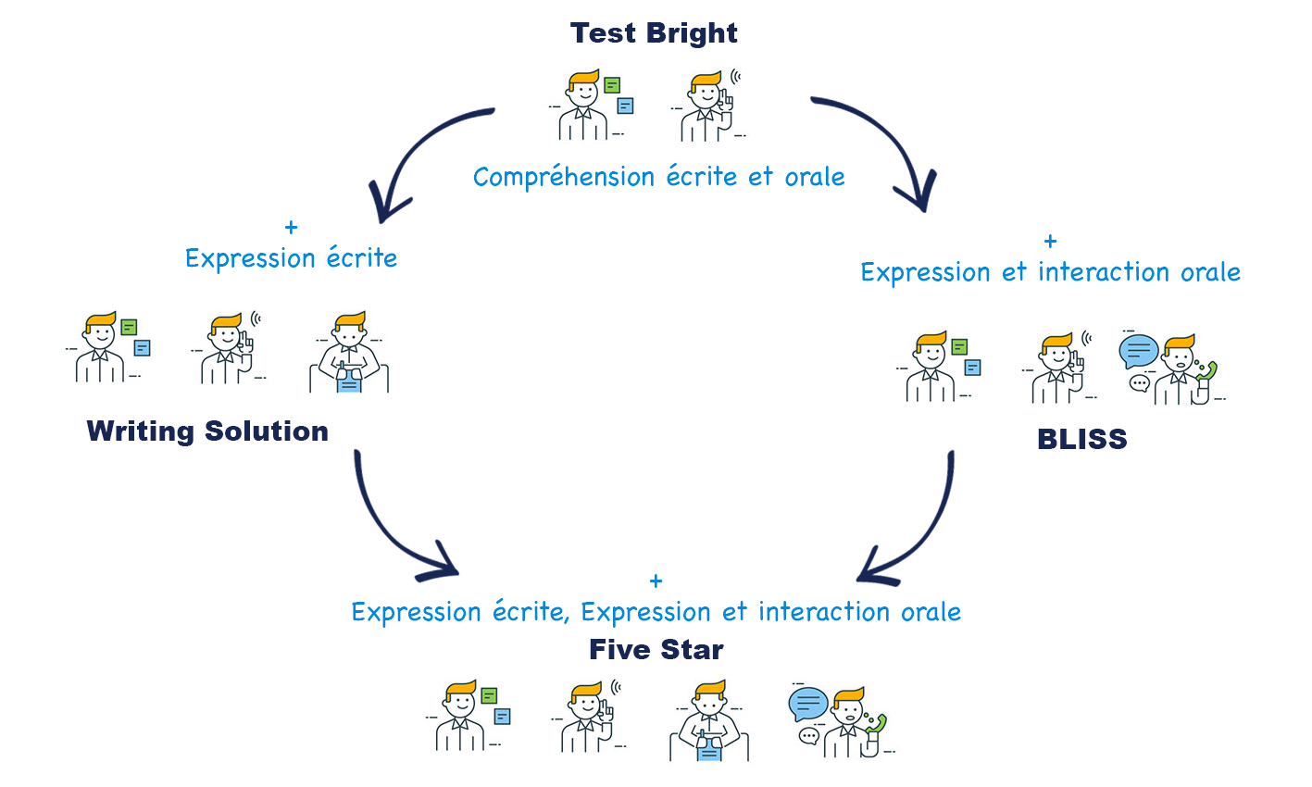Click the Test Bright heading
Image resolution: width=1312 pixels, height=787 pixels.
(x=654, y=33)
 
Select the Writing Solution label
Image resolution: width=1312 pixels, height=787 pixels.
(x=207, y=431)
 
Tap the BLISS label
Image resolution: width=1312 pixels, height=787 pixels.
(x=1081, y=439)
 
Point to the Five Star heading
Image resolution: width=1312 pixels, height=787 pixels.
(x=656, y=650)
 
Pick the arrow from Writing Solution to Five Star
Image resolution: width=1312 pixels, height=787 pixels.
(x=389, y=528)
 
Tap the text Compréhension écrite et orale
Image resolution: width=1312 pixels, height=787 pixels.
(x=658, y=177)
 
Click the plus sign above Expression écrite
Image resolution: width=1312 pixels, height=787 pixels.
(x=292, y=227)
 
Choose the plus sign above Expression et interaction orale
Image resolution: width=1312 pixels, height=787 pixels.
(x=1050, y=242)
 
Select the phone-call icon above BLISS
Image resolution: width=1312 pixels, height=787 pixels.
(x=1172, y=369)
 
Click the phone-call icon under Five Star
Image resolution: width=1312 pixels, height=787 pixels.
(x=841, y=721)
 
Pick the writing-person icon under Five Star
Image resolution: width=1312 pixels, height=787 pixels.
(x=708, y=721)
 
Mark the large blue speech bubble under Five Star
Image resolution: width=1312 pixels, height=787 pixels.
(x=808, y=705)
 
